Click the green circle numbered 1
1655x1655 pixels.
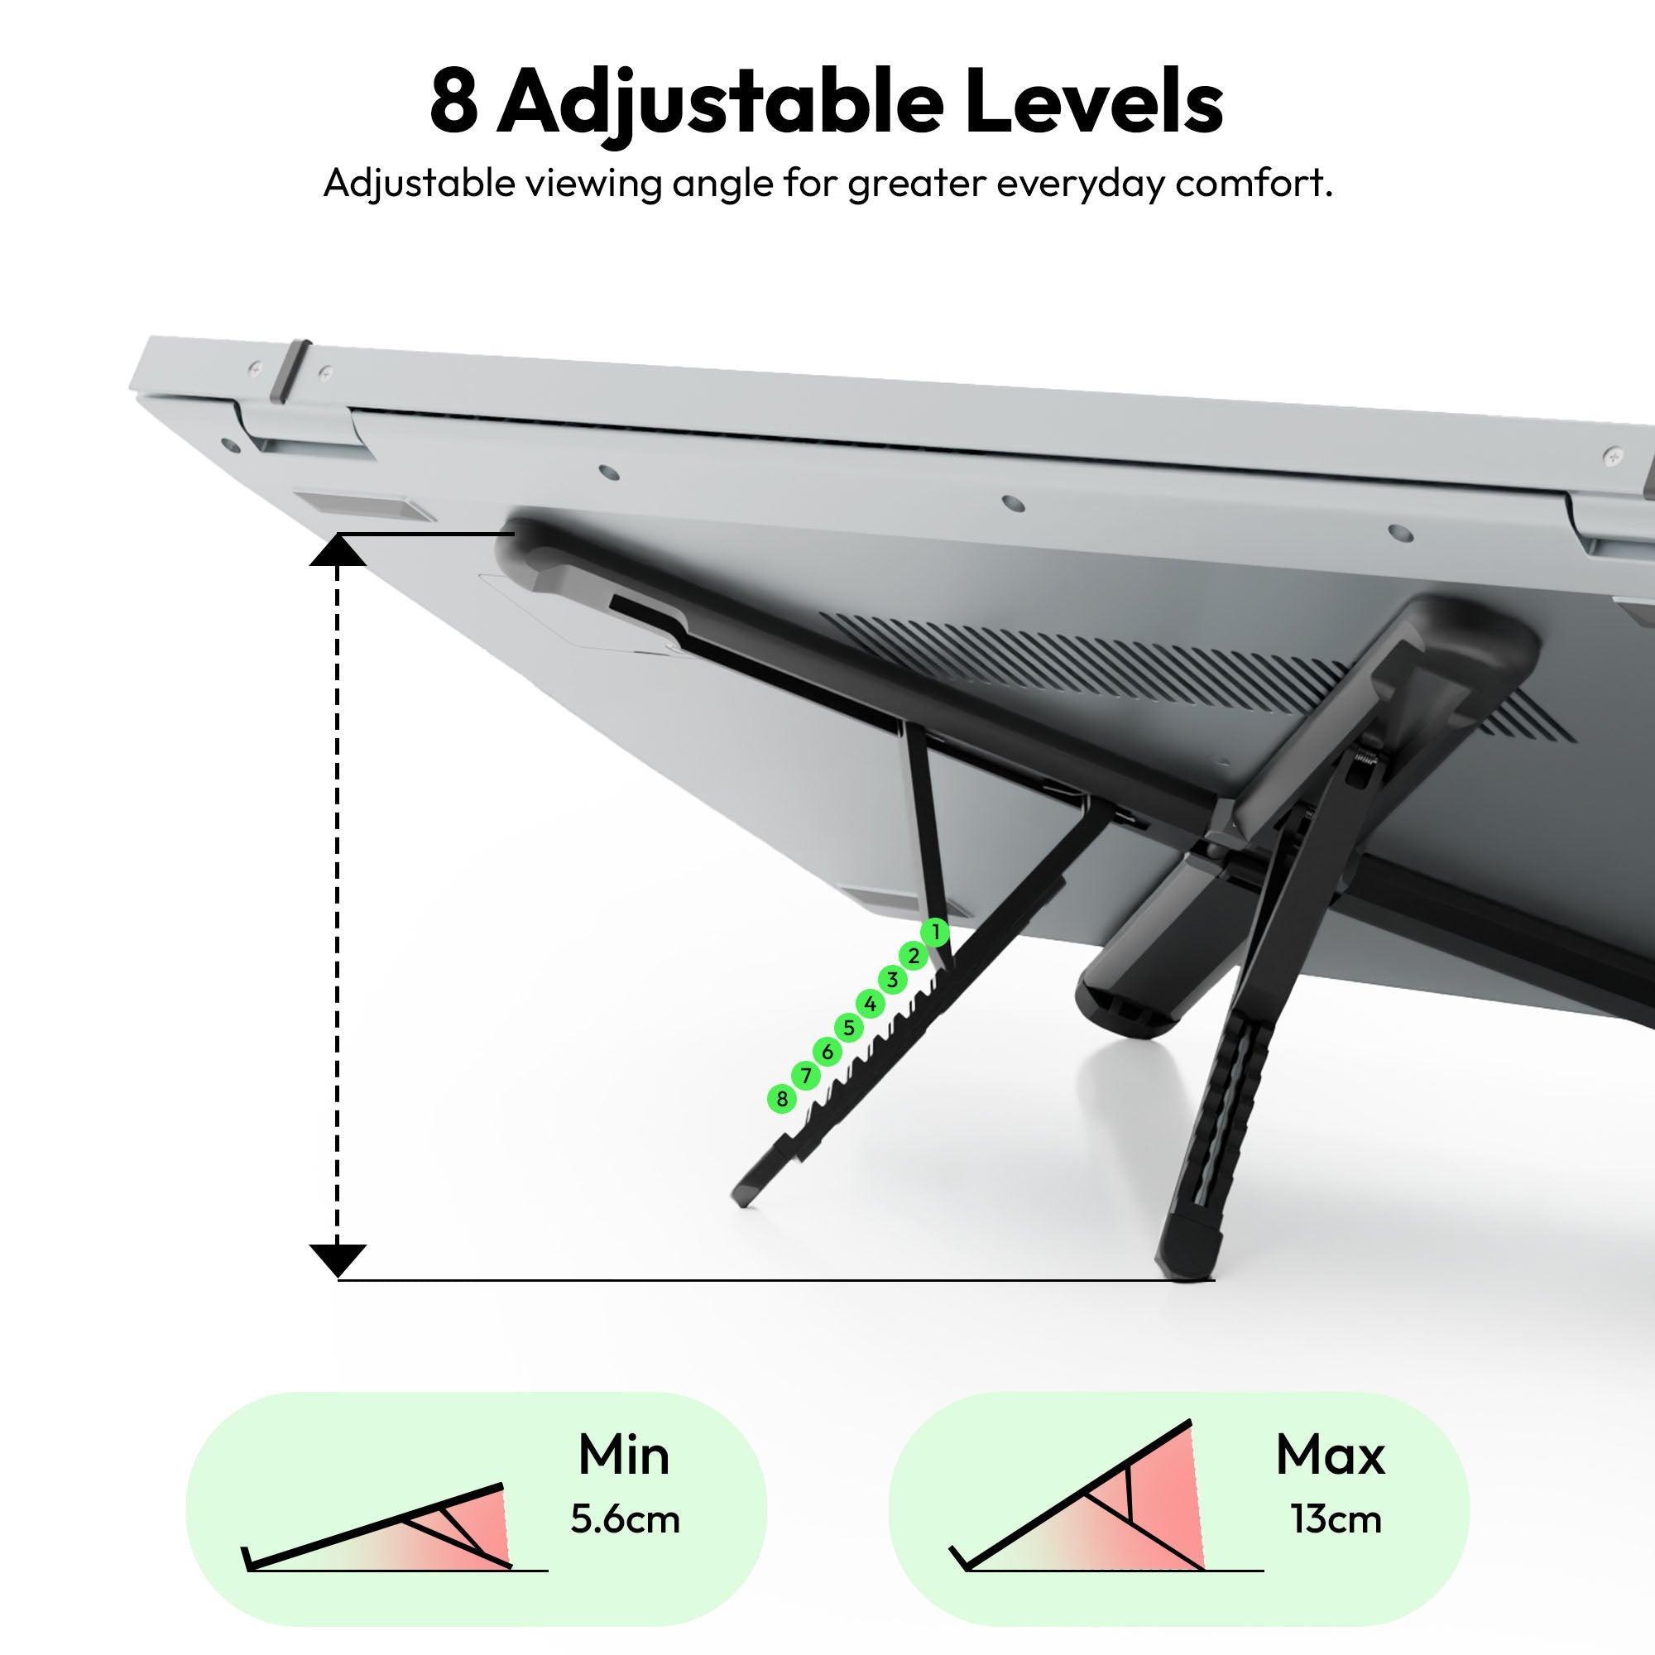pyautogui.click(x=935, y=931)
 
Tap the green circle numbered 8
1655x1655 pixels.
pyautogui.click(x=781, y=1099)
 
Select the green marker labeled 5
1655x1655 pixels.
pyautogui.click(x=848, y=1028)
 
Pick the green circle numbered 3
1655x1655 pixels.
pyautogui.click(x=892, y=980)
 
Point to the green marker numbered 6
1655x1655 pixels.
pyautogui.click(x=827, y=1052)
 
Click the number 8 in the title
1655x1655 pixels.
pyautogui.click(x=453, y=102)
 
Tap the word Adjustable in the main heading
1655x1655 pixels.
pyautogui.click(x=721, y=106)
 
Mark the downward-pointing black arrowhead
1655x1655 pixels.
pyautogui.click(x=338, y=1261)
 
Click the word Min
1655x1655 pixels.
pyautogui.click(x=624, y=1456)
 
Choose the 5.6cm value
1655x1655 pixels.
pyautogui.click(x=626, y=1519)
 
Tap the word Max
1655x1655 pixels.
pyautogui.click(x=1331, y=1456)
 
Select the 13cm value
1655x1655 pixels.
pyautogui.click(x=1336, y=1519)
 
